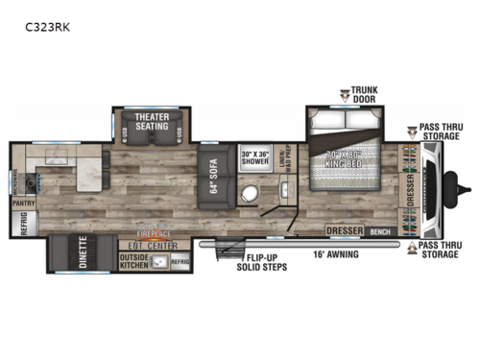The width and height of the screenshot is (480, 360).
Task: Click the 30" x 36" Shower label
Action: click(254, 158)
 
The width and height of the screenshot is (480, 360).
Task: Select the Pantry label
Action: click(22, 204)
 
